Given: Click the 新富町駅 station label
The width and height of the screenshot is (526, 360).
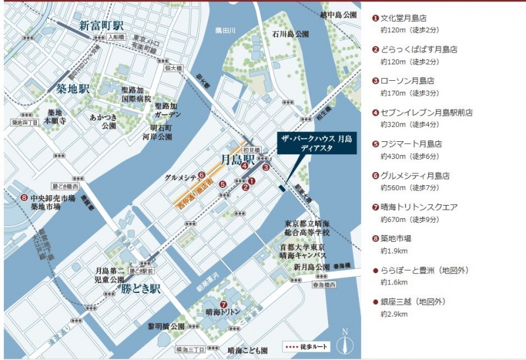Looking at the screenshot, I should pos(101,26).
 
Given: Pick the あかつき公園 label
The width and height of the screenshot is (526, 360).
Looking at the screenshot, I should pos(104,121).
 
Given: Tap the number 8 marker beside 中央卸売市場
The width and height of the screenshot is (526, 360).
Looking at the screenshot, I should pos(24,197).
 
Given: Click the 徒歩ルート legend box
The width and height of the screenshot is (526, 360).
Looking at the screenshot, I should pos(306,346).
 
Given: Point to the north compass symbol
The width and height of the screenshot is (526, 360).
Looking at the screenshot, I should pos(345,342).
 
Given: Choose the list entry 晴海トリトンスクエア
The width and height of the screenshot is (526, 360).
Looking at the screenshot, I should pos(419,207).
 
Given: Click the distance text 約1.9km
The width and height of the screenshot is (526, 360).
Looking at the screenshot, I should pos(394,251).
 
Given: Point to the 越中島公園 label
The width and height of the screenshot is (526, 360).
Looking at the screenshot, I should pos(339,14).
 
